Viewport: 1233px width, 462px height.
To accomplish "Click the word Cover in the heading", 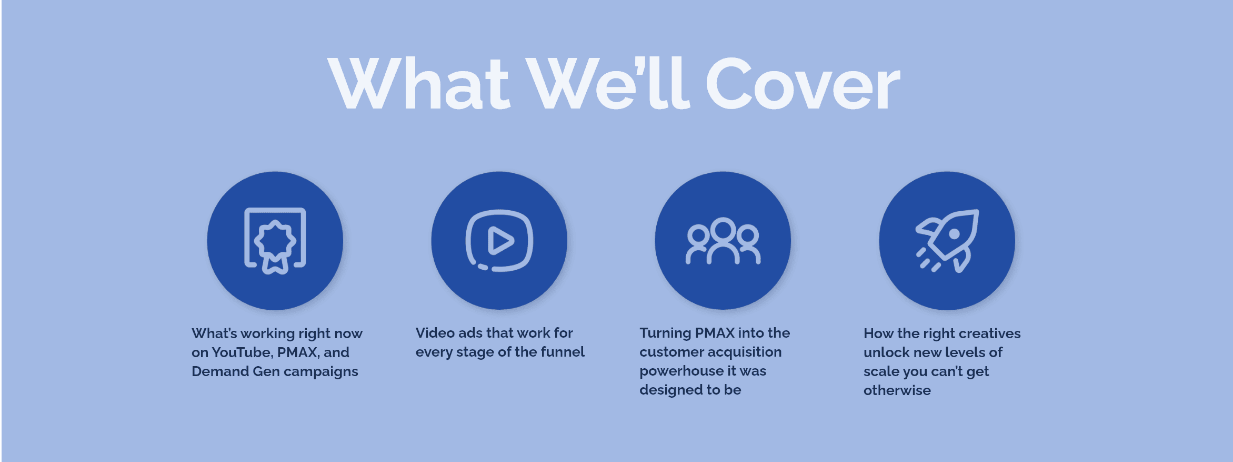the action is click(x=802, y=84).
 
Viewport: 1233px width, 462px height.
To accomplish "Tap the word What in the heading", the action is click(x=418, y=84).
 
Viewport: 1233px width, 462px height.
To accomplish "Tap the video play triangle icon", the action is click(x=499, y=241).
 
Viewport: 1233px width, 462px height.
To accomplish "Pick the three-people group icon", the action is click(x=723, y=241).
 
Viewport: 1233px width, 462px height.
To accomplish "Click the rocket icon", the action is click(x=947, y=241).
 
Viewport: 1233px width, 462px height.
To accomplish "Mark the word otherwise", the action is click(x=897, y=390).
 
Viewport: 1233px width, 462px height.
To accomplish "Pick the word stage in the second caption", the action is click(x=472, y=352).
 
